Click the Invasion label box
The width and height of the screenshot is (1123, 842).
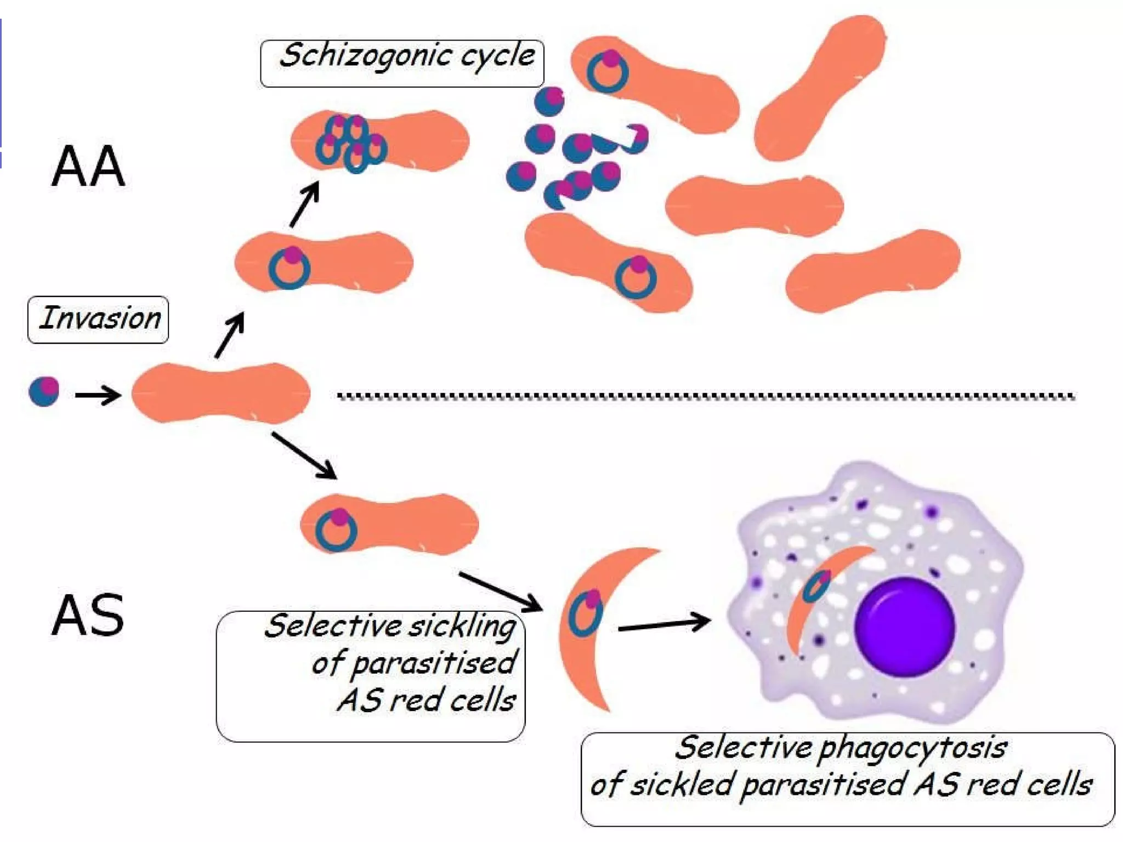click(98, 320)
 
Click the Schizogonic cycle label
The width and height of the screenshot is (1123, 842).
click(402, 63)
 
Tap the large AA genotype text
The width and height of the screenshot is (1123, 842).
click(88, 167)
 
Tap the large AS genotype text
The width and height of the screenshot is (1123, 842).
click(88, 616)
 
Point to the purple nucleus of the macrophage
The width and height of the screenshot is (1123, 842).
click(905, 627)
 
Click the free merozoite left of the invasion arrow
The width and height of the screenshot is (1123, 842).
click(44, 391)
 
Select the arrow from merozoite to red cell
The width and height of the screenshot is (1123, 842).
click(98, 395)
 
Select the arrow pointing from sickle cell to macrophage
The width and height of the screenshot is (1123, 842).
click(663, 624)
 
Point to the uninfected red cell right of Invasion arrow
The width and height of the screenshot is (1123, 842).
click(220, 393)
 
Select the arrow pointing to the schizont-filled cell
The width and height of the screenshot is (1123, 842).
click(305, 204)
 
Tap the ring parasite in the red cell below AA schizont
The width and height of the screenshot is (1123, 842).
click(290, 268)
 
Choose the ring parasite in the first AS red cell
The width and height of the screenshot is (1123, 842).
click(337, 529)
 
